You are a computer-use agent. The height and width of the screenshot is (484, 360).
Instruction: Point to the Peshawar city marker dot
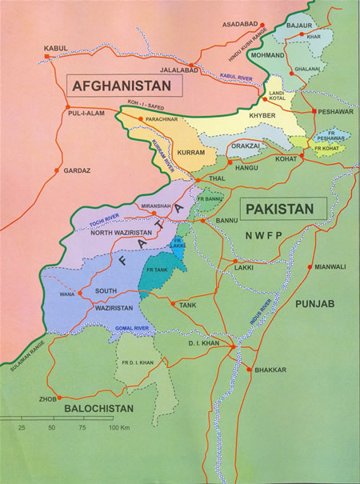point(316,111)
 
